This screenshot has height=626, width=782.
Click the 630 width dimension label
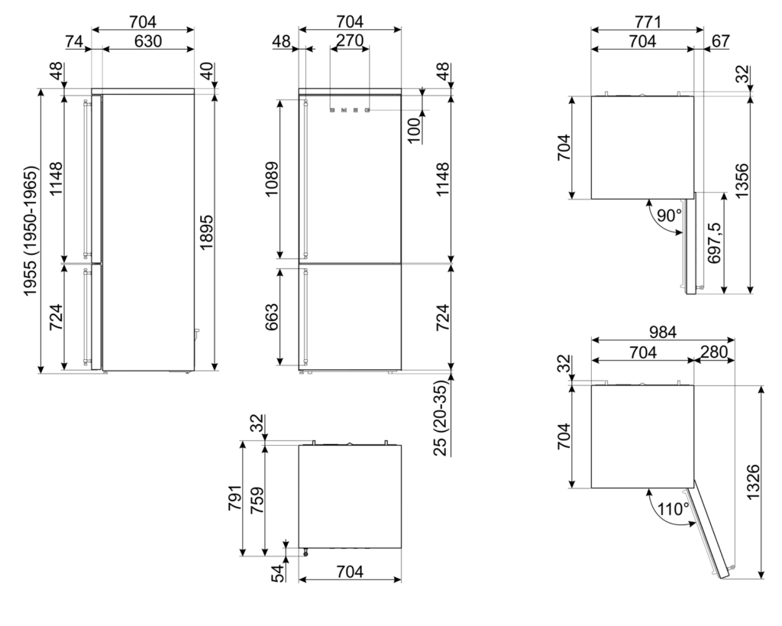[x=148, y=41]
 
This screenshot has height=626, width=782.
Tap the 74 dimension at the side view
[x=74, y=41]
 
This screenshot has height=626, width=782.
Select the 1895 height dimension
[x=206, y=232]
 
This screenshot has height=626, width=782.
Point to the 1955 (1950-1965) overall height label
[x=30, y=231]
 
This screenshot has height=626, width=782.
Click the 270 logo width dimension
[x=350, y=41]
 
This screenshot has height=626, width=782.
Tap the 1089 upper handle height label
[x=272, y=179]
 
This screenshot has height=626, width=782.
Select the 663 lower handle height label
[x=272, y=317]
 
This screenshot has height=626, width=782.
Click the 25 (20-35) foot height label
[x=441, y=418]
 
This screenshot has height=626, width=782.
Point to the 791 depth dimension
[x=235, y=497]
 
